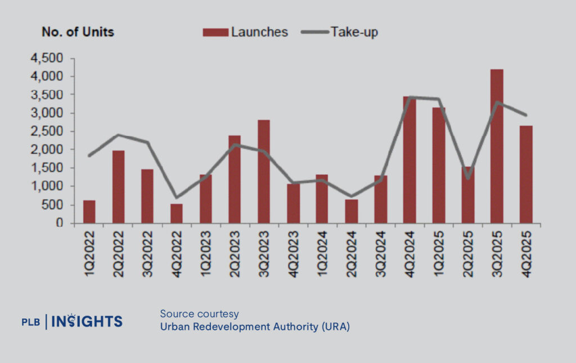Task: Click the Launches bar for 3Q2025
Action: (496, 147)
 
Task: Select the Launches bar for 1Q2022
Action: (89, 211)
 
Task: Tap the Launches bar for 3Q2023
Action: (264, 171)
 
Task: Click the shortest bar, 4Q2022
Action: (177, 214)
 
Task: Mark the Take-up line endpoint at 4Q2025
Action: (525, 115)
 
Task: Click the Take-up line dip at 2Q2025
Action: (467, 178)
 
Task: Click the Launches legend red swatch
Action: (216, 32)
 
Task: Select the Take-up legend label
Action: (354, 32)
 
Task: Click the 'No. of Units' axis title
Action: (78, 32)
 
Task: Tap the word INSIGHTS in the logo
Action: (87, 322)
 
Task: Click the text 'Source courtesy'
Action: (199, 313)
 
